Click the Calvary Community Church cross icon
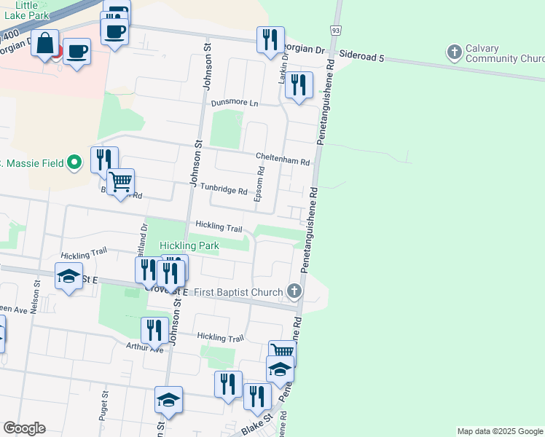(455, 52)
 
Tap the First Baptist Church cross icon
(294, 292)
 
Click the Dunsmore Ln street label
(235, 103)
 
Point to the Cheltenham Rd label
(283, 156)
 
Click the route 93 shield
(335, 31)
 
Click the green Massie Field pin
(74, 162)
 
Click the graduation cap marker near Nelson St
(69, 276)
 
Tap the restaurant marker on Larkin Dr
(299, 85)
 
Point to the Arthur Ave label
(145, 347)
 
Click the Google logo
(25, 428)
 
